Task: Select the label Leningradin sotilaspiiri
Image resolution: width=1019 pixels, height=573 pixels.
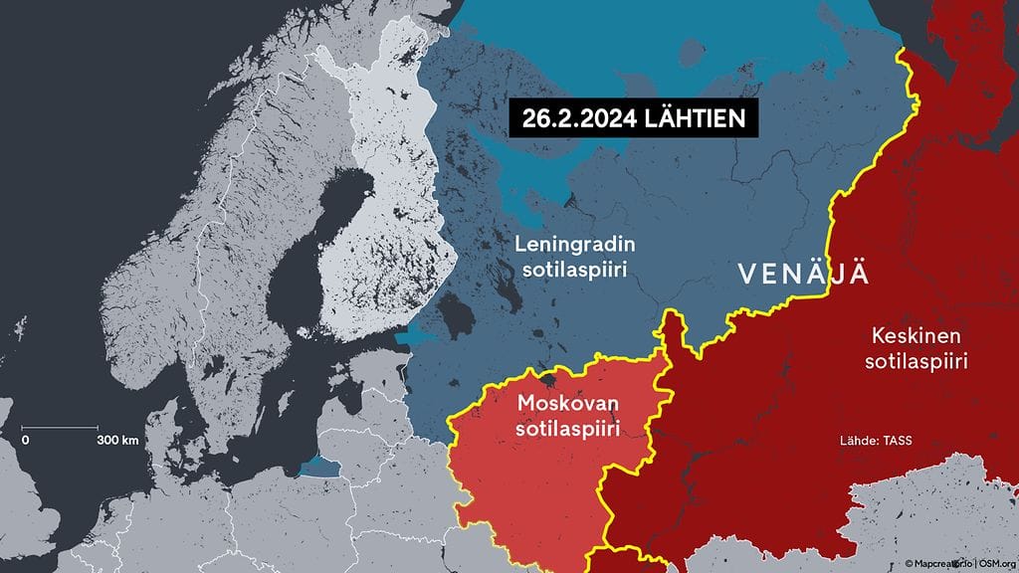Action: pyautogui.click(x=578, y=257)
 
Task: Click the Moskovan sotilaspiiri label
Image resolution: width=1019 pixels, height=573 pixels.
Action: pyautogui.click(x=567, y=416)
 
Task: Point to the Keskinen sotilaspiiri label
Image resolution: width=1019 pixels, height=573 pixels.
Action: pyautogui.click(x=918, y=348)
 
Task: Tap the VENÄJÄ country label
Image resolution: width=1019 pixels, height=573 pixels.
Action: pyautogui.click(x=802, y=274)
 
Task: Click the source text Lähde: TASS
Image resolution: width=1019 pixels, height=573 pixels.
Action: pyautogui.click(x=876, y=440)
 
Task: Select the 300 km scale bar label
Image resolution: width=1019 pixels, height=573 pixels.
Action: pyautogui.click(x=117, y=440)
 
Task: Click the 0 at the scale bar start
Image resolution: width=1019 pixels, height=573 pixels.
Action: pyautogui.click(x=26, y=440)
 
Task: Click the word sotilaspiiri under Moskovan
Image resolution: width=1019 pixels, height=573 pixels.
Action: pyautogui.click(x=567, y=429)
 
